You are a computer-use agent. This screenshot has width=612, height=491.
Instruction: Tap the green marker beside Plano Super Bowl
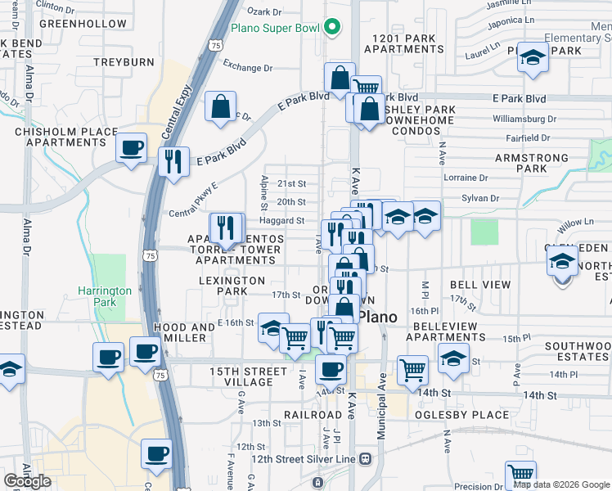coord(332,29)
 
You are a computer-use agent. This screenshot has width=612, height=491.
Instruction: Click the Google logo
coord(27,481)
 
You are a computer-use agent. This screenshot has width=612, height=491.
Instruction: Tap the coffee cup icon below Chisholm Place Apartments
coord(131,148)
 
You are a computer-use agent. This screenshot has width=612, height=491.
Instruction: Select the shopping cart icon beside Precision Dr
coord(520,474)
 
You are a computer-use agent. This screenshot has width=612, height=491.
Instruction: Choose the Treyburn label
coord(119,61)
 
